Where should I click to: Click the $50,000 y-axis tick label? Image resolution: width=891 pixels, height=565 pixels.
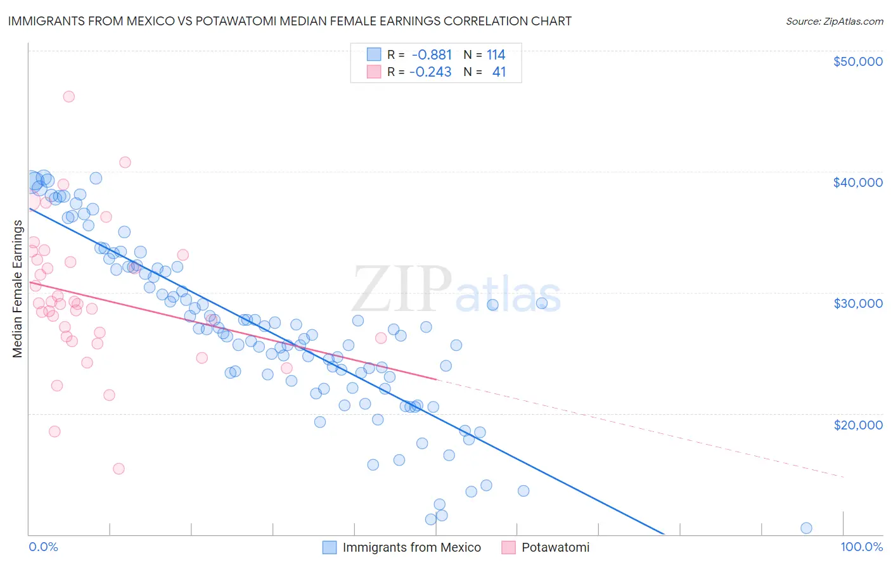pyautogui.click(x=857, y=61)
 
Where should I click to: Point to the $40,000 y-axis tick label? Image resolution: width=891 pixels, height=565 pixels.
pyautogui.click(x=857, y=182)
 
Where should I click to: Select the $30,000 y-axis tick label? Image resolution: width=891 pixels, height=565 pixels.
pyautogui.click(x=857, y=303)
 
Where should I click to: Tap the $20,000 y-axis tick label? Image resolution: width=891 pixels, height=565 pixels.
pyautogui.click(x=857, y=424)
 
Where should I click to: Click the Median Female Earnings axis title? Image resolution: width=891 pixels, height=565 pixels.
pyautogui.click(x=18, y=289)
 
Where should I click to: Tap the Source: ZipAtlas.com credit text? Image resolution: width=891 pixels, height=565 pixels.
pyautogui.click(x=834, y=22)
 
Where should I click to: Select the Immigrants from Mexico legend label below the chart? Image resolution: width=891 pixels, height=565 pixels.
pyautogui.click(x=411, y=548)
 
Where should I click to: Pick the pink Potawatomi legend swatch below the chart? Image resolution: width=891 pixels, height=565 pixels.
pyautogui.click(x=508, y=548)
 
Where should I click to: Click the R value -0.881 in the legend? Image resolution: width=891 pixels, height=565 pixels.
pyautogui.click(x=432, y=55)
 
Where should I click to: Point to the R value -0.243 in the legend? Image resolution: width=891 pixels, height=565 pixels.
pyautogui.click(x=430, y=72)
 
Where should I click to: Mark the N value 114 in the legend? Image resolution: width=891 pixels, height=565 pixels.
pyautogui.click(x=496, y=55)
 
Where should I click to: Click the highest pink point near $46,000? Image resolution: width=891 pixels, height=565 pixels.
pyautogui.click(x=68, y=97)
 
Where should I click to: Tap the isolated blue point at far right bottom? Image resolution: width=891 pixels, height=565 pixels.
pyautogui.click(x=806, y=528)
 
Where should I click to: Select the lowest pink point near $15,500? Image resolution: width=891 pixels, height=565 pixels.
pyautogui.click(x=119, y=469)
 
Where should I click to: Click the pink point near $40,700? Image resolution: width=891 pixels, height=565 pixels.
pyautogui.click(x=125, y=162)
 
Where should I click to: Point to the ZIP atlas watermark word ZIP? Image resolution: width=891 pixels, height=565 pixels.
pyautogui.click(x=402, y=290)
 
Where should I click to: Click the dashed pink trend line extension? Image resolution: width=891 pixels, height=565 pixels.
pyautogui.click(x=634, y=428)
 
